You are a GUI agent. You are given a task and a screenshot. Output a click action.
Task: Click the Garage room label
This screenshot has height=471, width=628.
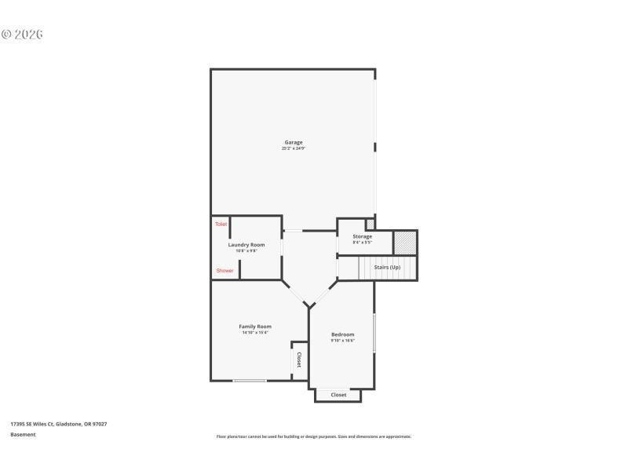(x=294, y=142)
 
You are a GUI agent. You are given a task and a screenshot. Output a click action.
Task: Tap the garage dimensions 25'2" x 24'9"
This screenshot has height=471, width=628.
(x=294, y=148)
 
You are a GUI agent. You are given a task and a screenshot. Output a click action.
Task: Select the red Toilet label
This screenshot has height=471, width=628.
(x=221, y=225)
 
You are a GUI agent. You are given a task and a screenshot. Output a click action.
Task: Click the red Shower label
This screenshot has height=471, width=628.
(x=225, y=271)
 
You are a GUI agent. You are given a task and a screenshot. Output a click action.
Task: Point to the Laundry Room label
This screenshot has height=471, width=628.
(x=246, y=244)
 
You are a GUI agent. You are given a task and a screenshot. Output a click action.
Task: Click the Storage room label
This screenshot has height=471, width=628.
(x=362, y=236)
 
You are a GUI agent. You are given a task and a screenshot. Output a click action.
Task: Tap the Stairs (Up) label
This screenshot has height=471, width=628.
(x=387, y=268)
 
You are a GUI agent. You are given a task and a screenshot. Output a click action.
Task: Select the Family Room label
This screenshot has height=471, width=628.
(x=255, y=326)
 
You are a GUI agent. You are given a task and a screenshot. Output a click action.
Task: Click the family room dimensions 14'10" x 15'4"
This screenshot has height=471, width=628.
(x=255, y=333)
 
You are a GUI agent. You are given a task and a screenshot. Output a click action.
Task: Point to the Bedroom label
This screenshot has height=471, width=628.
(x=342, y=334)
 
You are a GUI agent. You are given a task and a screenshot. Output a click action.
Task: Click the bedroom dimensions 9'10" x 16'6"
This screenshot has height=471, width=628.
(x=342, y=341)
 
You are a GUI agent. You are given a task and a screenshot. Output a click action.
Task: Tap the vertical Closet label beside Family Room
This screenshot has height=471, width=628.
(x=299, y=360)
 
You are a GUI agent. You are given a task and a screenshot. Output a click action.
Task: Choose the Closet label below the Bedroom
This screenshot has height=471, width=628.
(x=338, y=395)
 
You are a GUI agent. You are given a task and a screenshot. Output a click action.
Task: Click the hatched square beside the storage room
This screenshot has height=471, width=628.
(x=404, y=242)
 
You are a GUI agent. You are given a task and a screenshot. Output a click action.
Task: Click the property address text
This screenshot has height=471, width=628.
(x=59, y=424)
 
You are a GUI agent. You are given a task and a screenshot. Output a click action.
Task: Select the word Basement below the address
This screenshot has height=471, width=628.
(x=23, y=434)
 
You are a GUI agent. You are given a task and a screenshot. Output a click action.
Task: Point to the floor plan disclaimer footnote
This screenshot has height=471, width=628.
(x=313, y=436)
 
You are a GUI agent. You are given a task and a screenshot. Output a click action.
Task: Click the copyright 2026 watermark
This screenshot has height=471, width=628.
(x=21, y=35)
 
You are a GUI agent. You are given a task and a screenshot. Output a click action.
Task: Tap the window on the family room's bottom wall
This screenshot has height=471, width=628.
(x=250, y=382)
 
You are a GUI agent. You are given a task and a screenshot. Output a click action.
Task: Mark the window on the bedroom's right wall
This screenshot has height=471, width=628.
(x=374, y=333)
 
